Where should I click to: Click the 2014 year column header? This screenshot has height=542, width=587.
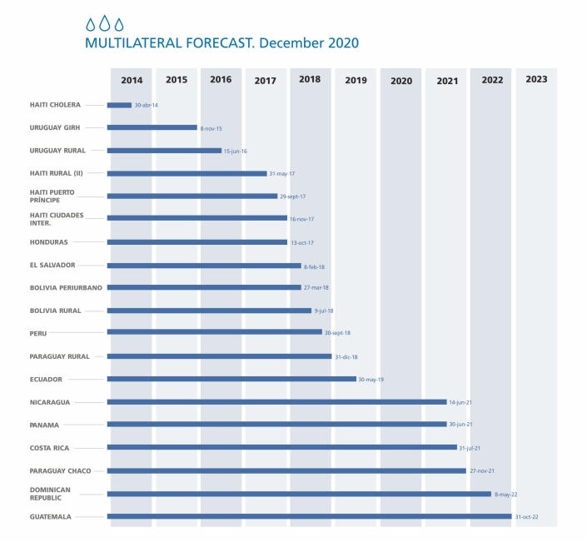point(132,80)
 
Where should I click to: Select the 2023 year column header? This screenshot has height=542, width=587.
point(536,80)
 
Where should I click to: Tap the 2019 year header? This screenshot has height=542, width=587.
point(356,81)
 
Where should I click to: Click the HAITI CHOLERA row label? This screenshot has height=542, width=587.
point(55,105)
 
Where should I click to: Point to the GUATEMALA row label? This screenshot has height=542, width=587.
point(50,516)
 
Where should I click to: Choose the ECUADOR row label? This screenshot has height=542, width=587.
point(46,379)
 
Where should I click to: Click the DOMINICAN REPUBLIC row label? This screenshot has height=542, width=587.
point(50,493)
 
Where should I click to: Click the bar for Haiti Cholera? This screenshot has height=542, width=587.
point(119,105)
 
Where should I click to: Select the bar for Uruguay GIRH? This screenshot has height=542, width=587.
point(152,128)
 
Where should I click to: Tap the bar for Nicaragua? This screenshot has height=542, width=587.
point(276,402)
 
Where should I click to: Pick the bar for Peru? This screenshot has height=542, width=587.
point(214,332)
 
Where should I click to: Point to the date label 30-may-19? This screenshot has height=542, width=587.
point(371,380)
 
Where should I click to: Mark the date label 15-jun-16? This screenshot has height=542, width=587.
point(236,152)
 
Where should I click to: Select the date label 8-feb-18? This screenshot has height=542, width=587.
point(316,266)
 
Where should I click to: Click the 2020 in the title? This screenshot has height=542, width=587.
point(342,42)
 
